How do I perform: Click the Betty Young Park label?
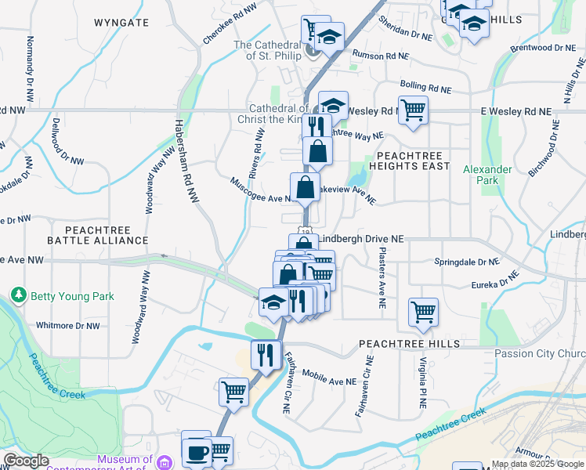pyautogui.click(x=72, y=296)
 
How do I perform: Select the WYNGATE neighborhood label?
pyautogui.click(x=121, y=23)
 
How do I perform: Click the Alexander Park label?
pyautogui.click(x=487, y=175)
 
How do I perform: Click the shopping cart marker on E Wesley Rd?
pyautogui.click(x=413, y=110)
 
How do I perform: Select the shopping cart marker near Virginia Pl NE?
pyautogui.click(x=423, y=312)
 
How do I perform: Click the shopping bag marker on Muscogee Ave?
pyautogui.click(x=305, y=187)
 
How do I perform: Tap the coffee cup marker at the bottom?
pyautogui.click(x=197, y=452)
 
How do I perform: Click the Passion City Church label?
pyautogui.click(x=541, y=353)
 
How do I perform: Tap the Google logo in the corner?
pyautogui.click(x=26, y=461)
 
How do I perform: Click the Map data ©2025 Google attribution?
pyautogui.click(x=537, y=464)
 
